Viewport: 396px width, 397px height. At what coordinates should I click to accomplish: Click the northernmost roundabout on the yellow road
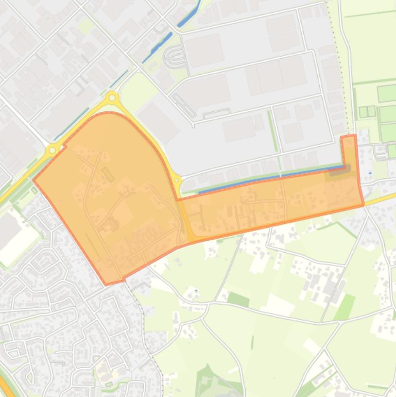click(x=112, y=97)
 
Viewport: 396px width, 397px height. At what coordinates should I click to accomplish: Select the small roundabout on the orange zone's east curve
click(x=177, y=181)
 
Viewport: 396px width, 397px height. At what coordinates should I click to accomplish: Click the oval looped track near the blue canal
click(x=174, y=57)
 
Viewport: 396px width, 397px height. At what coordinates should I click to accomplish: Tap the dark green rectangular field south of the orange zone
click(x=238, y=299)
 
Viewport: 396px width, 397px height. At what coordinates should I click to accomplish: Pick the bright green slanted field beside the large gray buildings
click(x=345, y=306)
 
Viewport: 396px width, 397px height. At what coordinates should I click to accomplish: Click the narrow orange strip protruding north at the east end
click(x=349, y=150)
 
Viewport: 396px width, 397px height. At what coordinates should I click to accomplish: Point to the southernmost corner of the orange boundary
click(x=107, y=284)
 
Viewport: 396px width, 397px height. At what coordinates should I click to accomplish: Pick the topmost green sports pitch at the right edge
click(x=387, y=93)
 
